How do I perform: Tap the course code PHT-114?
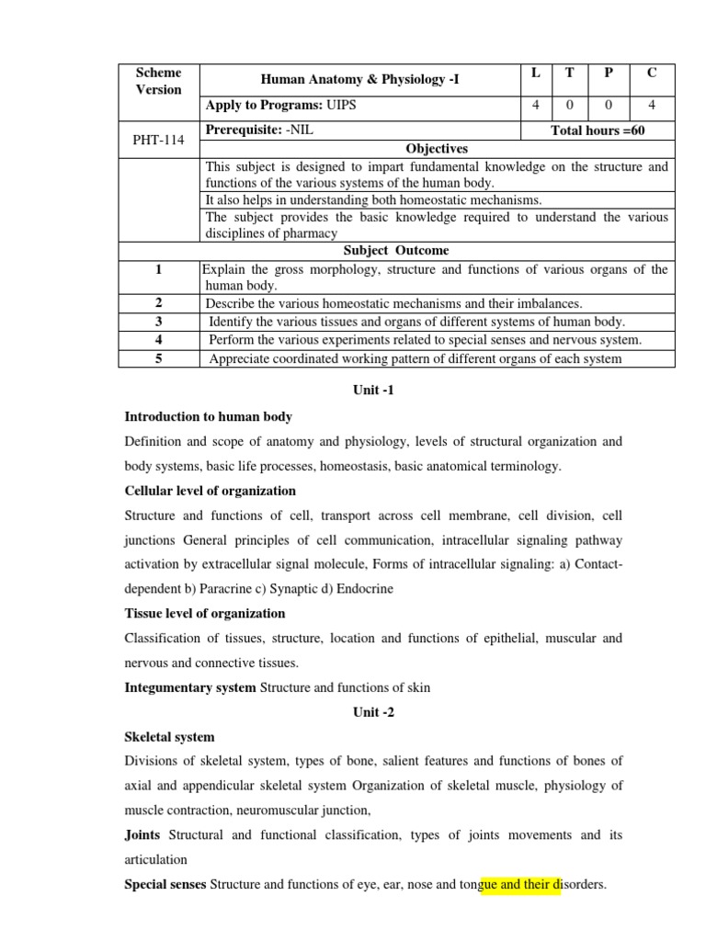[x=159, y=139]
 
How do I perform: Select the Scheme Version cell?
[x=159, y=81]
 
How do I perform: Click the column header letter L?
[x=535, y=73]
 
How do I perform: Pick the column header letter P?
[x=608, y=73]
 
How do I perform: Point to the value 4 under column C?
[x=652, y=105]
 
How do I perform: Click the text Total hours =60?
[x=598, y=130]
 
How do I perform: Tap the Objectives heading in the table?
[x=437, y=148]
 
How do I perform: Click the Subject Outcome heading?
[x=396, y=250]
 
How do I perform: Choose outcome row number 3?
[x=158, y=322]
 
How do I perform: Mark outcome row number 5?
[x=158, y=358]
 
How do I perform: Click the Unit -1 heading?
[x=373, y=391]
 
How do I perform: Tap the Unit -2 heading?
[x=373, y=711]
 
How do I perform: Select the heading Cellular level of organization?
[x=210, y=491]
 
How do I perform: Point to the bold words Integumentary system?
[x=190, y=687]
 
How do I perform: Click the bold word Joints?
[x=142, y=835]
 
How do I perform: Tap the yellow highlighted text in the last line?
[x=520, y=885]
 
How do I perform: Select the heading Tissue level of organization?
[x=204, y=613]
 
